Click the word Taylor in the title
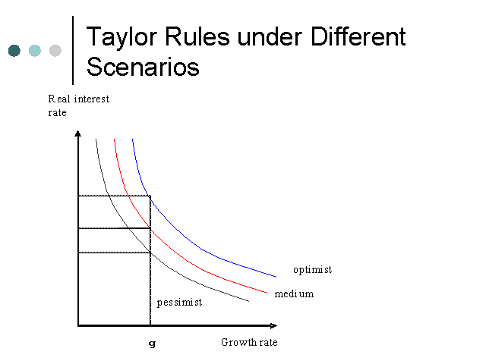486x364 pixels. click(x=121, y=38)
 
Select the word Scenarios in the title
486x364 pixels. click(x=143, y=67)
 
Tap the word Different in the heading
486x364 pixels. click(x=358, y=36)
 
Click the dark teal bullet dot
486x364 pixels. click(x=14, y=51)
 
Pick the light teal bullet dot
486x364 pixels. click(x=35, y=51)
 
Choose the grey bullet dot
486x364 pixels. click(x=55, y=51)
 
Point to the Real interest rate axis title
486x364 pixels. click(x=79, y=105)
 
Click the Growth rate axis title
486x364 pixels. click(x=249, y=342)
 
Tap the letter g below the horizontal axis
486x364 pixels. click(x=152, y=344)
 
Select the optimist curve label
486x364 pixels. click(x=312, y=270)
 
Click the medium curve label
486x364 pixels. click(x=294, y=293)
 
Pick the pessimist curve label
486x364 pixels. click(x=179, y=303)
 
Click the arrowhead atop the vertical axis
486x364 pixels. click(x=77, y=133)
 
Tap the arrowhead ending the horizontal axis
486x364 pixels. click(x=273, y=325)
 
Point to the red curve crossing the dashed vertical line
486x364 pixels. click(x=150, y=228)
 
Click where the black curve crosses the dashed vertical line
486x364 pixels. click(x=150, y=253)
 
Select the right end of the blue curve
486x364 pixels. click(x=276, y=277)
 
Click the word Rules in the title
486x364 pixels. click(x=197, y=36)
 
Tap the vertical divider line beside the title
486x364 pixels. click(x=73, y=50)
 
